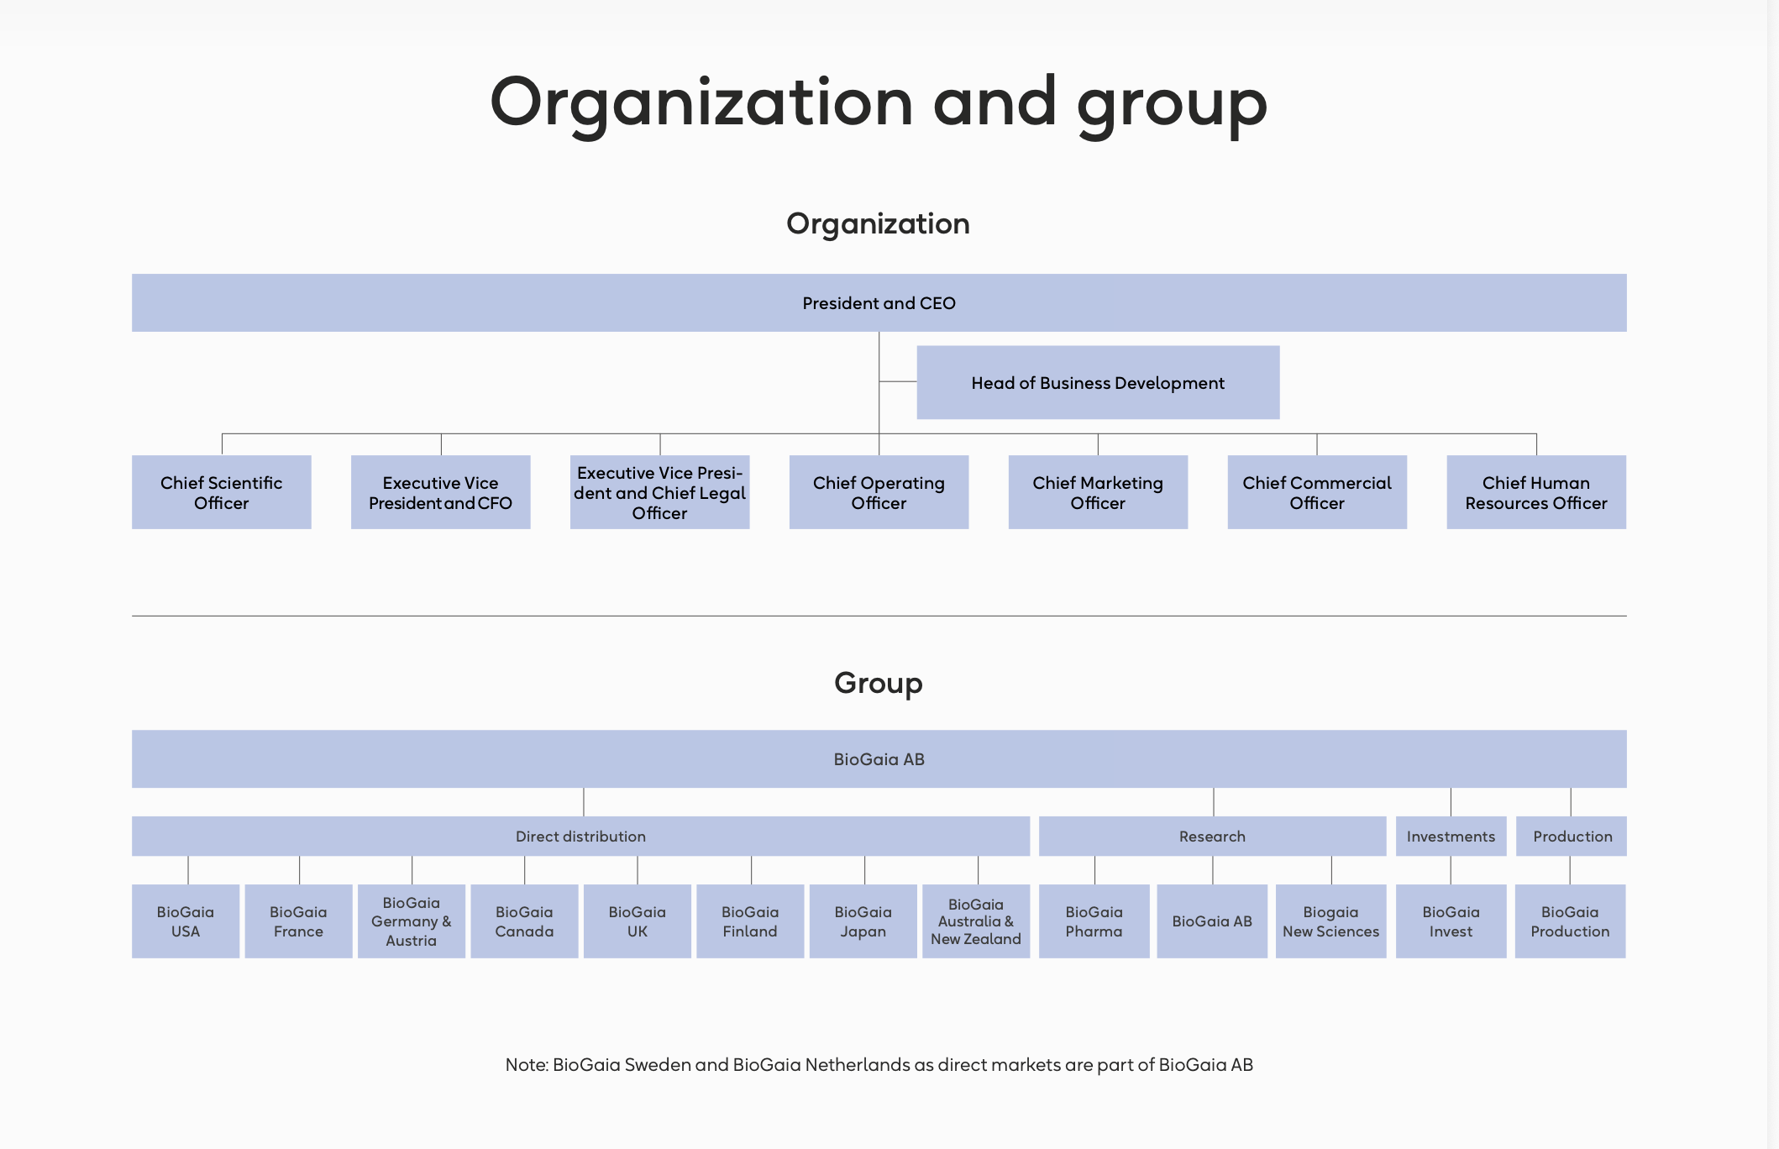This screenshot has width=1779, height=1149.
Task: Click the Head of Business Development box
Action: pyautogui.click(x=1098, y=382)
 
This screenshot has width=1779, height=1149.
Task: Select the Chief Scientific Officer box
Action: pyautogui.click(x=222, y=492)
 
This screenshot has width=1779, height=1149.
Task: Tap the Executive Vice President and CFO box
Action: pyautogui.click(x=441, y=492)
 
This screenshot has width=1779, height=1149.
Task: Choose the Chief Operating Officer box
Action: pyautogui.click(x=879, y=492)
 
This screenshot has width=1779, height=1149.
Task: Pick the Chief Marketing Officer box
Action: pyautogui.click(x=1098, y=492)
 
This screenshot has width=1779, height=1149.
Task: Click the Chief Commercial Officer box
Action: pyautogui.click(x=1317, y=492)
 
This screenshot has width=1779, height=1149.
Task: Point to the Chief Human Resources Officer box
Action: pyautogui.click(x=1536, y=492)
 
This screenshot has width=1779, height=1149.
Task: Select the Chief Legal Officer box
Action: pyautogui.click(x=659, y=492)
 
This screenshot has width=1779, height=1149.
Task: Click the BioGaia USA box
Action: pyautogui.click(x=186, y=921)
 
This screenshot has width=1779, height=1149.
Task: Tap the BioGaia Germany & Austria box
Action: pyautogui.click(x=412, y=921)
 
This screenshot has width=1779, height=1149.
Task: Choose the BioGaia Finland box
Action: pyautogui.click(x=750, y=921)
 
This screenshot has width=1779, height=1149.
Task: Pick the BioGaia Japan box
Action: pyautogui.click(x=863, y=921)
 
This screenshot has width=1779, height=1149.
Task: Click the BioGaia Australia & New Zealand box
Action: pyautogui.click(x=976, y=921)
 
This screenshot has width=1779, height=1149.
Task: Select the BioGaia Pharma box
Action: pyautogui.click(x=1094, y=921)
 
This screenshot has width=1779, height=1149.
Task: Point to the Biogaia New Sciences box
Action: pyautogui.click(x=1331, y=921)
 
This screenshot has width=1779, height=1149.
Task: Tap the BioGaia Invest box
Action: pyautogui.click(x=1451, y=921)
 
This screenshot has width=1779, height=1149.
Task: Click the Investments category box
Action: pyautogui.click(x=1451, y=836)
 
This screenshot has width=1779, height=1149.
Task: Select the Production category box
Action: pyautogui.click(x=1572, y=836)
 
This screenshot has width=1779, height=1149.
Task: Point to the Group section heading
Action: pyautogui.click(x=879, y=684)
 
